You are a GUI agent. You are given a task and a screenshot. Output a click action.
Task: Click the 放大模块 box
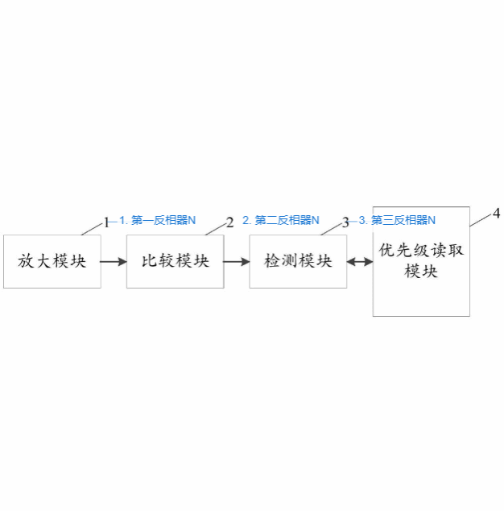coord(52,261)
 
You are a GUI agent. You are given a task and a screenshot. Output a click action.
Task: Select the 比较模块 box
coord(176,261)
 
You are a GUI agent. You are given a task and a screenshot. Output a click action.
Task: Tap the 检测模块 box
coord(298,261)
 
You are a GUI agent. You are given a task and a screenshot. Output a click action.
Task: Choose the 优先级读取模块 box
coord(421,261)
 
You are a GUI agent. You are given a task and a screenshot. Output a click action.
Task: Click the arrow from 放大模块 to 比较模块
coord(114,261)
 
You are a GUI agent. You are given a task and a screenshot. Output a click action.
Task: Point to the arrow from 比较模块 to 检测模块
coord(237,261)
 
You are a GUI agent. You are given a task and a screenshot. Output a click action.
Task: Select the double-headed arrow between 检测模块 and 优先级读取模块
coord(360,261)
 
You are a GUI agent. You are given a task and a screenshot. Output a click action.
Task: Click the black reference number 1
coord(106,223)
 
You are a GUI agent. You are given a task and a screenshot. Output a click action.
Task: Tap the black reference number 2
coord(230,222)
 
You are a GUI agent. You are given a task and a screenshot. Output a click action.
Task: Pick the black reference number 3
coord(345,223)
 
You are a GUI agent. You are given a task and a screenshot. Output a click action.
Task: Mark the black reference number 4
coord(496,214)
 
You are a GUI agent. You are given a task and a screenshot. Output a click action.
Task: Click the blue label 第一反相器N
coord(163,220)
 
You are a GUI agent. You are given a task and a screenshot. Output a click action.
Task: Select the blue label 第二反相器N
coord(287,220)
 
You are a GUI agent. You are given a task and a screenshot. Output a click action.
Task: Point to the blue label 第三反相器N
coord(403,220)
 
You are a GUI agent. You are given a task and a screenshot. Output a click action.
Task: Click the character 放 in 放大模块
coord(26,261)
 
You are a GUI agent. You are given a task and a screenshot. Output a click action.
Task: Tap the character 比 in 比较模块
coord(149,261)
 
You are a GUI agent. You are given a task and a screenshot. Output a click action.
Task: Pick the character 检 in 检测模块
coord(272,261)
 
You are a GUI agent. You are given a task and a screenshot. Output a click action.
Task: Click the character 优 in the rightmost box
coord(386,251)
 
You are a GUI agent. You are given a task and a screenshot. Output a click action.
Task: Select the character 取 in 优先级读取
coord(456,251)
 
